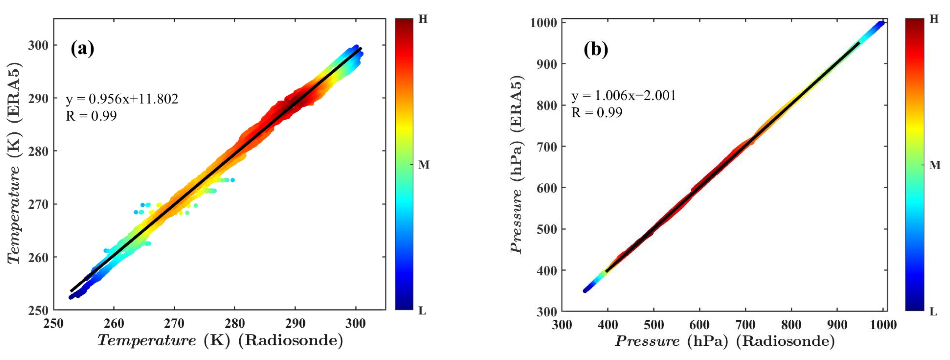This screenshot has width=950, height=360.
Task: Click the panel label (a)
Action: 82,48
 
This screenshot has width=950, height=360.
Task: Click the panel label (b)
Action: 595,49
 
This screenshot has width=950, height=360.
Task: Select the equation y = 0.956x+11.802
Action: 122,99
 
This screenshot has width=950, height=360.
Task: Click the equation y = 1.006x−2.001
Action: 623,95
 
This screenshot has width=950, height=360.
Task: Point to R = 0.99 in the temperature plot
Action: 91,116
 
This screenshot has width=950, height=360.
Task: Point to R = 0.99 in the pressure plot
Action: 597,113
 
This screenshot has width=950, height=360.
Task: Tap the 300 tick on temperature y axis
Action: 38,45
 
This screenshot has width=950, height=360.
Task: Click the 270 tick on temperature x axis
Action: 174,323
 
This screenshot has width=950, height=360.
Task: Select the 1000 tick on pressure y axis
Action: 543,23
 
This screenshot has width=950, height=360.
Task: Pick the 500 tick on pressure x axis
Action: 653,325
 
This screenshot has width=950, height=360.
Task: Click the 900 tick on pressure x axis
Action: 837,325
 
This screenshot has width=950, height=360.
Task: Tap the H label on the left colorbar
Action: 423,19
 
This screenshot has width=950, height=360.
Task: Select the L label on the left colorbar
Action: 422,311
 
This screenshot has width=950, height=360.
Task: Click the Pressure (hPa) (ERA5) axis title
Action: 516,164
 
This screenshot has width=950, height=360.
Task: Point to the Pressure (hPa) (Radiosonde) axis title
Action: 724,341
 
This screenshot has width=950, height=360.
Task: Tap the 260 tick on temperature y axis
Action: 38,257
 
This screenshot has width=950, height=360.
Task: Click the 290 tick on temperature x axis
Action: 295,323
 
